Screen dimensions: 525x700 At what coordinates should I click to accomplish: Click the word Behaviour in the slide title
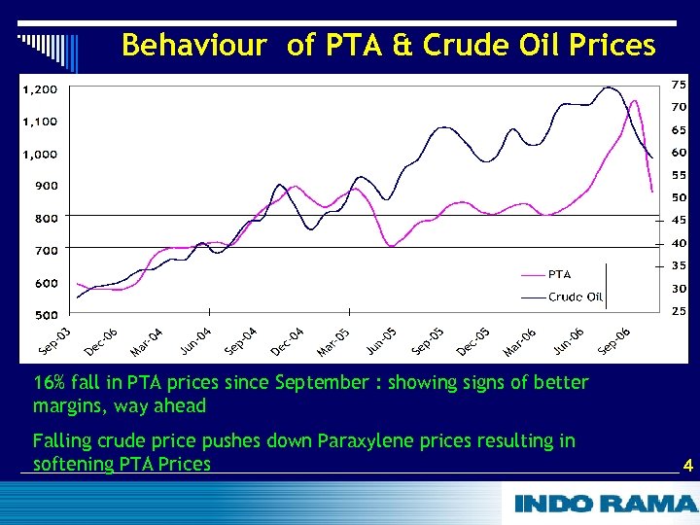coord(193,46)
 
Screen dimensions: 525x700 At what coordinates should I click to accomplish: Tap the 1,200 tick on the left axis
coord(40,89)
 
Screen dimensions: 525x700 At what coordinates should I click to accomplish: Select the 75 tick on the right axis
coord(679,84)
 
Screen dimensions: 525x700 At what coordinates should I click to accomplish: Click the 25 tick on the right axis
coord(679,311)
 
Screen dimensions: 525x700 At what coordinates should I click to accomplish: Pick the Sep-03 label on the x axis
coord(55,341)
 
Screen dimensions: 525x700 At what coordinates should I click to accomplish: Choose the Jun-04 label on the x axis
coord(195,341)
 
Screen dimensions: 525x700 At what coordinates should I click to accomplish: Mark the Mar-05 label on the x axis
coord(333,341)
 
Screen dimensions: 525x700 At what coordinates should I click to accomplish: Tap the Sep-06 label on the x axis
coord(613,341)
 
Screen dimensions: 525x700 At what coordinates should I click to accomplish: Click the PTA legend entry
coord(559,274)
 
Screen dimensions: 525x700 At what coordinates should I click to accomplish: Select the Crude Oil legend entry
coord(575,297)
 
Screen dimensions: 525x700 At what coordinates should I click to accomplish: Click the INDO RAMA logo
coord(605,504)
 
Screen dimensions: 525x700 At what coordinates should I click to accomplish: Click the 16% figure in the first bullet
coord(49,383)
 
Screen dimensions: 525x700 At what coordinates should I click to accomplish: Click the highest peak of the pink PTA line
coord(635,100)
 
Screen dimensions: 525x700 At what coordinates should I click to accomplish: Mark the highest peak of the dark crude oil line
coord(610,87)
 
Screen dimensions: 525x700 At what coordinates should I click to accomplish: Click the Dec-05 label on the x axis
coord(473,341)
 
